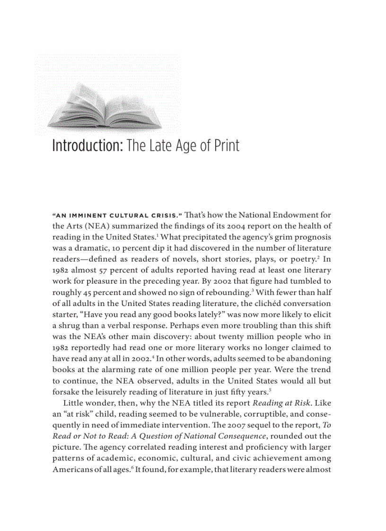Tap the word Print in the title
tap(226, 145)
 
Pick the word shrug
tap(70, 325)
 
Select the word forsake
tap(66, 391)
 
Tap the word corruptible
tap(263, 414)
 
